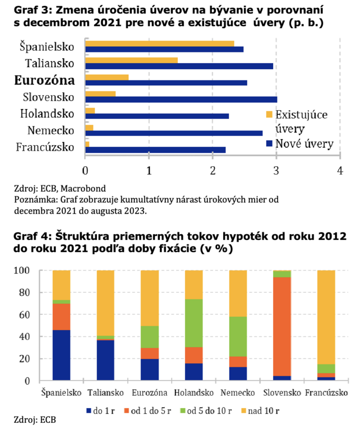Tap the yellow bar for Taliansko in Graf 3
point(131,60)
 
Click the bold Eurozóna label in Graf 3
point(45,80)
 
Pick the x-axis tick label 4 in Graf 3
point(340,171)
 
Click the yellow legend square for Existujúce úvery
point(269,114)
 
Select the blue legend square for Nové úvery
point(269,144)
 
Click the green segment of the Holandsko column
point(194,323)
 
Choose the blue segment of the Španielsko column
point(61,355)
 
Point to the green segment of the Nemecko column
point(238,337)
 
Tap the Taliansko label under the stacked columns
point(106,393)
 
